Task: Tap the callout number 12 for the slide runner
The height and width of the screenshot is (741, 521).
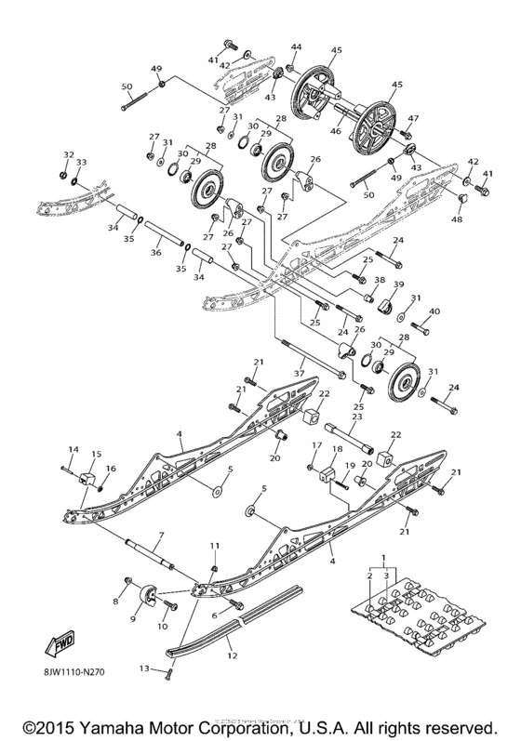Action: tap(232, 656)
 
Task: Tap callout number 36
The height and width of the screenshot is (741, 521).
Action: tap(155, 251)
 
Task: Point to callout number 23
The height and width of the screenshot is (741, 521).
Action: tap(355, 417)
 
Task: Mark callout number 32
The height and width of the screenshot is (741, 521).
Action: tap(68, 154)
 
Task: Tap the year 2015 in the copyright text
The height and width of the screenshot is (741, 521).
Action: tap(47, 724)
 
